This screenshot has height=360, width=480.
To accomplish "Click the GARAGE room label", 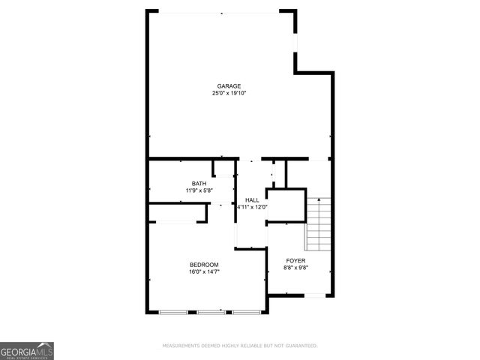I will click(229, 86).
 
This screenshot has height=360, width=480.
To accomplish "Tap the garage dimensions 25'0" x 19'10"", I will click(229, 94).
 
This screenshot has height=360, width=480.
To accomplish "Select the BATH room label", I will click(199, 184).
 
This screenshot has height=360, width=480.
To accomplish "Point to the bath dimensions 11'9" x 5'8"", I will click(199, 191).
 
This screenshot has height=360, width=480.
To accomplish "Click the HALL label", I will click(252, 199).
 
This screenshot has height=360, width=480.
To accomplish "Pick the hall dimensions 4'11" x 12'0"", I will click(253, 207).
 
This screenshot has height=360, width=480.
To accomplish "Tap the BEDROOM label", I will click(204, 264).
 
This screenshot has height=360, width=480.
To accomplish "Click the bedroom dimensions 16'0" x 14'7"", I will click(204, 271).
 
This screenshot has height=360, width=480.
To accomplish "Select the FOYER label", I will click(295, 260).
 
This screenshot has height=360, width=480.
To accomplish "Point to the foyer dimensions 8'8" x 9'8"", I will click(295, 268).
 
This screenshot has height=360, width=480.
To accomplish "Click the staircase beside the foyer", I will click(317, 224).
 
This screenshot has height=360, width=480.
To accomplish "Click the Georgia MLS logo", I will click(27, 351).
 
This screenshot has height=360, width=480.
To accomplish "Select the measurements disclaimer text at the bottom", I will click(240, 346).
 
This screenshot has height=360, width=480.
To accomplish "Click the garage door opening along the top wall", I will click(219, 11).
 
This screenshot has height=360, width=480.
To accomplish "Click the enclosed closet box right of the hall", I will click(286, 205).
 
